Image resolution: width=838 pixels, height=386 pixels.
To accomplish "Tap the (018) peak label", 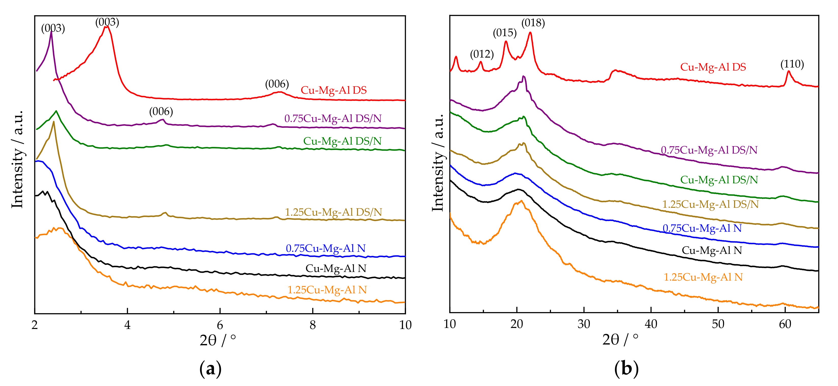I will (533, 23).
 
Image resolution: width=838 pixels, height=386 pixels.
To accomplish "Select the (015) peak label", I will (505, 33).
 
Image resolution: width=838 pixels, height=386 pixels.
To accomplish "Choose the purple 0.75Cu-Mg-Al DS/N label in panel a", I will (333, 118).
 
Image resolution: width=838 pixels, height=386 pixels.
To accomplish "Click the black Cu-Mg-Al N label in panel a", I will (336, 268).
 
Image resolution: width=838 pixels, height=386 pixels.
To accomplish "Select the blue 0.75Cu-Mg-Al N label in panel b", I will (702, 228).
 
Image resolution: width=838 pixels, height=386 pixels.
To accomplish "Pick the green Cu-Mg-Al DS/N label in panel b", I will (719, 180).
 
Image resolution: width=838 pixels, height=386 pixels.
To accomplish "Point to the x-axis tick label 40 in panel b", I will (651, 324).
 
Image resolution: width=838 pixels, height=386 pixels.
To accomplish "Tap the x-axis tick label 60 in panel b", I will (785, 324).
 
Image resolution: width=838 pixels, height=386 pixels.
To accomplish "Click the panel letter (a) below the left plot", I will (211, 369).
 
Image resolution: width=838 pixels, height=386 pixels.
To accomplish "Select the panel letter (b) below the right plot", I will (626, 369).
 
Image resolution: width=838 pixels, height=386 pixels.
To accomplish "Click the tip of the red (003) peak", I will (106, 26).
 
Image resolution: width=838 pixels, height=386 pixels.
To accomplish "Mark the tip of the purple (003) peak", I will (51, 32).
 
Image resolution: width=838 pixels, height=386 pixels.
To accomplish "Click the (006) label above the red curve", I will (277, 84).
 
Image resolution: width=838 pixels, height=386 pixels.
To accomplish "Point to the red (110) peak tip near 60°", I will (788, 71).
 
